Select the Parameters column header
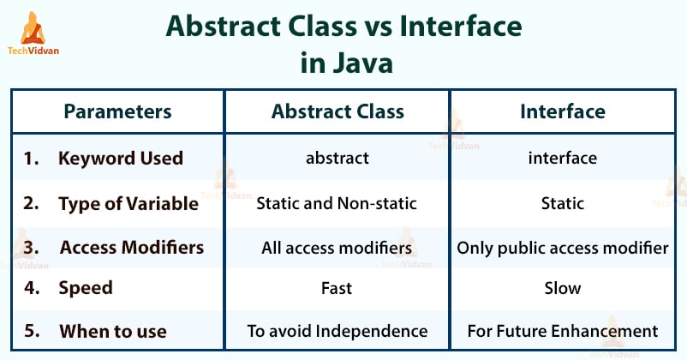tap(117, 111)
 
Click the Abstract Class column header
tap(338, 111)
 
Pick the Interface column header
tap(563, 111)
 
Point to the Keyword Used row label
tap(120, 158)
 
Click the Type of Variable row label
tap(128, 203)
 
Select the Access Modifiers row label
tap(131, 248)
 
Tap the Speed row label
tap(85, 289)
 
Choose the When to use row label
tap(112, 331)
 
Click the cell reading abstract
tap(338, 159)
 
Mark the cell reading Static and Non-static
tap(337, 204)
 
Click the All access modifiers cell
tap(337, 249)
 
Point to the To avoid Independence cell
tap(337, 331)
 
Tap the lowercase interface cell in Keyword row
tap(563, 159)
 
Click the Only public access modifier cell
tap(563, 249)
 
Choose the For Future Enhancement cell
tap(563, 331)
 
